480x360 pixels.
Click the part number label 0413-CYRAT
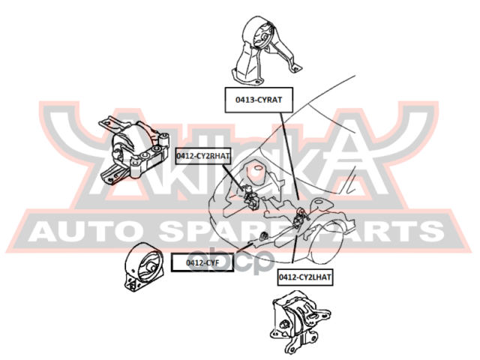259,100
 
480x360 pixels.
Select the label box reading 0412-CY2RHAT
202,156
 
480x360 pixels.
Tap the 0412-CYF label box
202,262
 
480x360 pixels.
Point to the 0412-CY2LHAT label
305,277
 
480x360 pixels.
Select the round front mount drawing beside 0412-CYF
143,266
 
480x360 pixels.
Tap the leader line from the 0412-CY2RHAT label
234,177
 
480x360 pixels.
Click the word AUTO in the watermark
86,231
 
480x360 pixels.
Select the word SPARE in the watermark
228,231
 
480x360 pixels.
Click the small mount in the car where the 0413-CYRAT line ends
300,217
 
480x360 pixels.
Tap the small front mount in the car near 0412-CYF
262,236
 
